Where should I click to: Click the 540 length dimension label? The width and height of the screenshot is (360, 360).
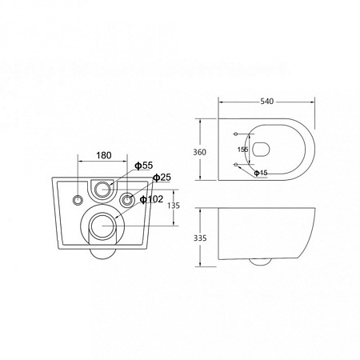click(x=267, y=102)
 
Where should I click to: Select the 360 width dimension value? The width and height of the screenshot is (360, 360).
click(x=199, y=152)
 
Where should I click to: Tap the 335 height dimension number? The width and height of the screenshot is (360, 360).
click(x=200, y=238)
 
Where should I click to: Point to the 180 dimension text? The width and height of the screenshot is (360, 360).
click(x=103, y=155)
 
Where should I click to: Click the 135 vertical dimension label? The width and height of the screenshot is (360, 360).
click(x=174, y=206)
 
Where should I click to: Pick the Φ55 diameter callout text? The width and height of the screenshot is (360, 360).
click(x=144, y=166)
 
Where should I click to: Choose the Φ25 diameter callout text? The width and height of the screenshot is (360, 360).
click(x=162, y=178)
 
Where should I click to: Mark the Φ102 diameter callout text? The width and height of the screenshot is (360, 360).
click(x=151, y=199)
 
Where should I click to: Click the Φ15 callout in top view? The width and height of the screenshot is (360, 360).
click(x=261, y=173)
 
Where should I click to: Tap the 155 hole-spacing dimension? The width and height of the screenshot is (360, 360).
click(x=242, y=150)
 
